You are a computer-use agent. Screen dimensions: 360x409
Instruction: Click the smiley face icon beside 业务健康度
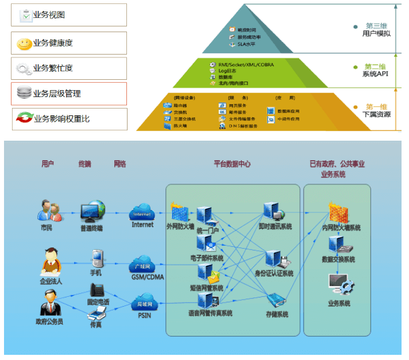[x=24, y=43]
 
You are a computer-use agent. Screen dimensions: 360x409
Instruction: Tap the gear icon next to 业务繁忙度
[x=24, y=69]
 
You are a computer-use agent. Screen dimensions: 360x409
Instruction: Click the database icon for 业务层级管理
[x=24, y=93]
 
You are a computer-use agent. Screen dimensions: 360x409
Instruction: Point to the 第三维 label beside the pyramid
[x=376, y=26]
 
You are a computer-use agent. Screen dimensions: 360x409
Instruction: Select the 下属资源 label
[x=376, y=114]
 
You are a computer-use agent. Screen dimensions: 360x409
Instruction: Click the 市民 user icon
[x=45, y=210]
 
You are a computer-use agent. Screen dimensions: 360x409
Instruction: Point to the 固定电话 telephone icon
[x=96, y=290]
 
